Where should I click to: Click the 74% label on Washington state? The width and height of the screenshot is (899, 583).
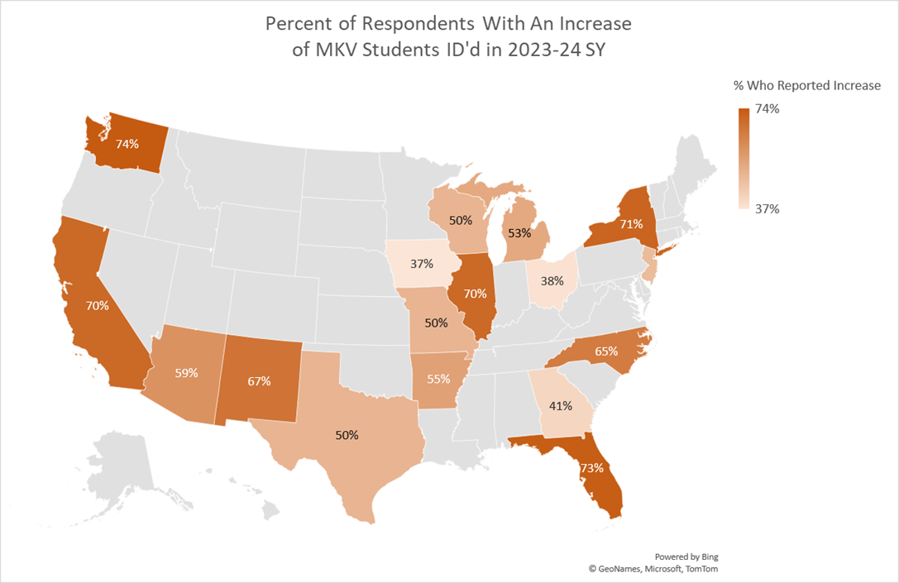pos(127,143)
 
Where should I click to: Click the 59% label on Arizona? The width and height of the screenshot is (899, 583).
pos(186,372)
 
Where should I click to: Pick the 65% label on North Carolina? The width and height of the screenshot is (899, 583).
pos(606,351)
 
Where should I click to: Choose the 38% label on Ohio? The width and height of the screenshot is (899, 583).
pos(553,280)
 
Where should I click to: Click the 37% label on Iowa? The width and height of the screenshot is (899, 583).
pos(422,264)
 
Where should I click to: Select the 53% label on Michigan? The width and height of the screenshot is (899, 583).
pos(519,232)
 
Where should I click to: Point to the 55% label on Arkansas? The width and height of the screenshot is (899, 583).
pos(438,380)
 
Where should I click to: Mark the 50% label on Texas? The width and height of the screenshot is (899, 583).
pos(347,434)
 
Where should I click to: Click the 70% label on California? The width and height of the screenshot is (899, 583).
pos(97,305)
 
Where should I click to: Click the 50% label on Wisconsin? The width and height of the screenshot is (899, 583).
pos(460,221)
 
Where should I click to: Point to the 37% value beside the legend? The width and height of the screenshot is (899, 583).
pos(767,209)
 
